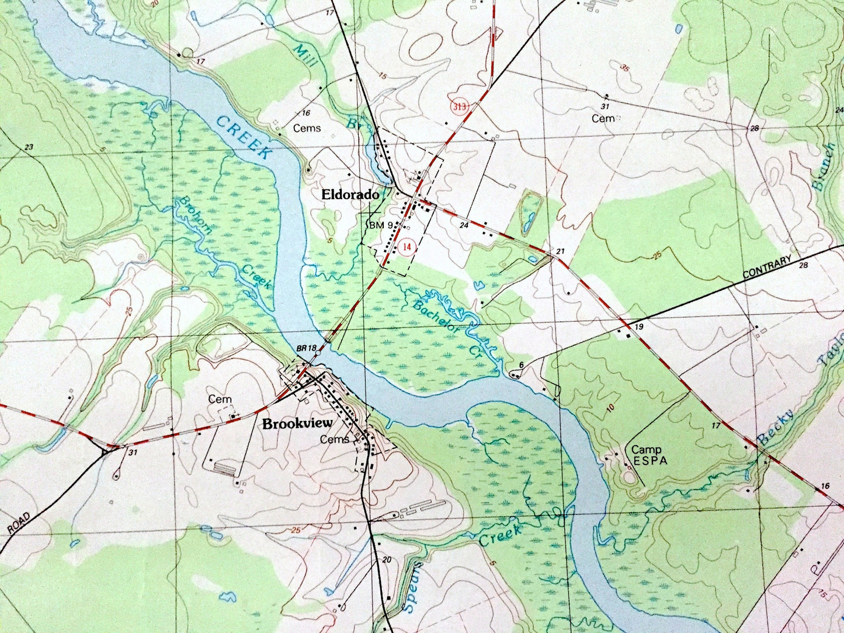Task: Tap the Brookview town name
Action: click(x=297, y=423)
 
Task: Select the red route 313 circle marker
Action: click(x=460, y=107)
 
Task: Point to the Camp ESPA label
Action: click(x=647, y=455)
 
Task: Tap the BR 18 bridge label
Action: click(x=306, y=349)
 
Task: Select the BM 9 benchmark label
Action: click(x=380, y=224)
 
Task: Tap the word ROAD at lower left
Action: click(x=19, y=524)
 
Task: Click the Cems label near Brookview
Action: click(x=335, y=440)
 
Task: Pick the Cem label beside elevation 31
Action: click(x=603, y=119)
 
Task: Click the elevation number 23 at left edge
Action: click(x=29, y=147)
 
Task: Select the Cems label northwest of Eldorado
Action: click(x=307, y=128)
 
